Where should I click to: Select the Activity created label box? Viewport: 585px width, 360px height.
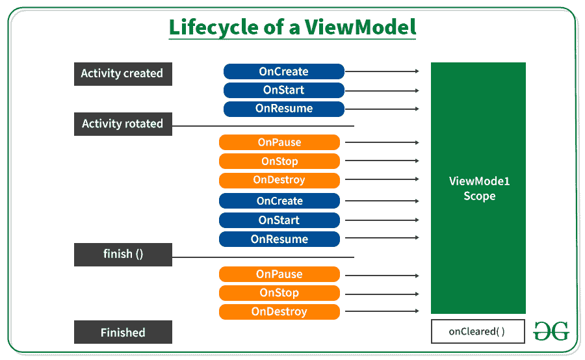[123, 73]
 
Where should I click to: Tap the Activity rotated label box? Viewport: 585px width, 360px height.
[123, 123]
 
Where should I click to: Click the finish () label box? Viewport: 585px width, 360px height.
[123, 254]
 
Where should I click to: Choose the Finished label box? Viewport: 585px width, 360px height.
[123, 333]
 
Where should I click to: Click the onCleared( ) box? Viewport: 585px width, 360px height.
[477, 332]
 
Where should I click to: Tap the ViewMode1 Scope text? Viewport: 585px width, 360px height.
[479, 188]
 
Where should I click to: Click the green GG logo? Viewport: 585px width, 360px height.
[551, 331]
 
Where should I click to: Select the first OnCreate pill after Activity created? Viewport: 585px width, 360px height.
[283, 71]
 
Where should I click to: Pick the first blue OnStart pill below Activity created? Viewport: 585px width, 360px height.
[283, 90]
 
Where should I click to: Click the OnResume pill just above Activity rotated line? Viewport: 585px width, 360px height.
[283, 109]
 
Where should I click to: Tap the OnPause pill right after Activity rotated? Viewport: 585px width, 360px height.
[279, 142]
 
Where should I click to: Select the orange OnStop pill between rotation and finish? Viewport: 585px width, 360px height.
[279, 161]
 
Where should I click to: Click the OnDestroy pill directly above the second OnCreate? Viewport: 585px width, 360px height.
[279, 180]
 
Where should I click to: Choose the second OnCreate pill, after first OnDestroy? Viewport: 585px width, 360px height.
[279, 201]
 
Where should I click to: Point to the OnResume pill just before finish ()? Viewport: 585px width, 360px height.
[279, 239]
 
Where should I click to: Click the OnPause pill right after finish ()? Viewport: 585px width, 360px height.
[279, 274]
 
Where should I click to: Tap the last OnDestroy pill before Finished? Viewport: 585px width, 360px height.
[279, 312]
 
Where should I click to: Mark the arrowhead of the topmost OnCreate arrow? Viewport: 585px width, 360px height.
[416, 72]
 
